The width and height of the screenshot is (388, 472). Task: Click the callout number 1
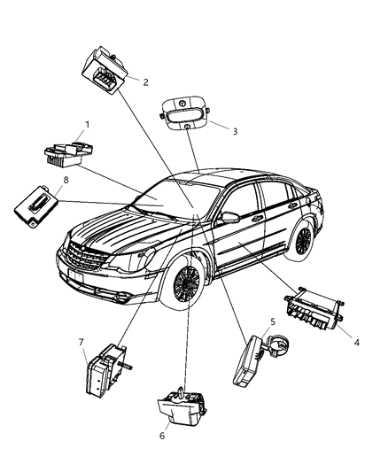pyautogui.click(x=88, y=125)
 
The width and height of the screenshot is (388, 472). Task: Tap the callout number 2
pyautogui.click(x=145, y=81)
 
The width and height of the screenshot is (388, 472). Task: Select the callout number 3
pyautogui.click(x=235, y=132)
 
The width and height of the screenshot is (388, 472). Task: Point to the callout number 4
pyautogui.click(x=356, y=343)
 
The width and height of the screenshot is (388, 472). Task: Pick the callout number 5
pyautogui.click(x=273, y=321)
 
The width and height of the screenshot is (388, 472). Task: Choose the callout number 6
pyautogui.click(x=162, y=436)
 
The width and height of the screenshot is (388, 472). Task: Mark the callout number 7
pyautogui.click(x=81, y=342)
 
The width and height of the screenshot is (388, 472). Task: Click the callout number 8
pyautogui.click(x=66, y=180)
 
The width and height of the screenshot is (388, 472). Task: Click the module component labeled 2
pyautogui.click(x=105, y=70)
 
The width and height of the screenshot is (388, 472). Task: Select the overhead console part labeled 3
pyautogui.click(x=184, y=112)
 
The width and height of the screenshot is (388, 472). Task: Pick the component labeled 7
pyautogui.click(x=106, y=369)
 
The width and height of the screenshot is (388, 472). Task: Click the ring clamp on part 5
pyautogui.click(x=277, y=345)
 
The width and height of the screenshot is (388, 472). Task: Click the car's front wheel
pyautogui.click(x=186, y=282)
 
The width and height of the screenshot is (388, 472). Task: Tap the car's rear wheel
pyautogui.click(x=303, y=236)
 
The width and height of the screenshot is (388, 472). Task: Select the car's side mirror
pyautogui.click(x=229, y=217)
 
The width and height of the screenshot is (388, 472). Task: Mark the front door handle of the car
pyautogui.click(x=257, y=219)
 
